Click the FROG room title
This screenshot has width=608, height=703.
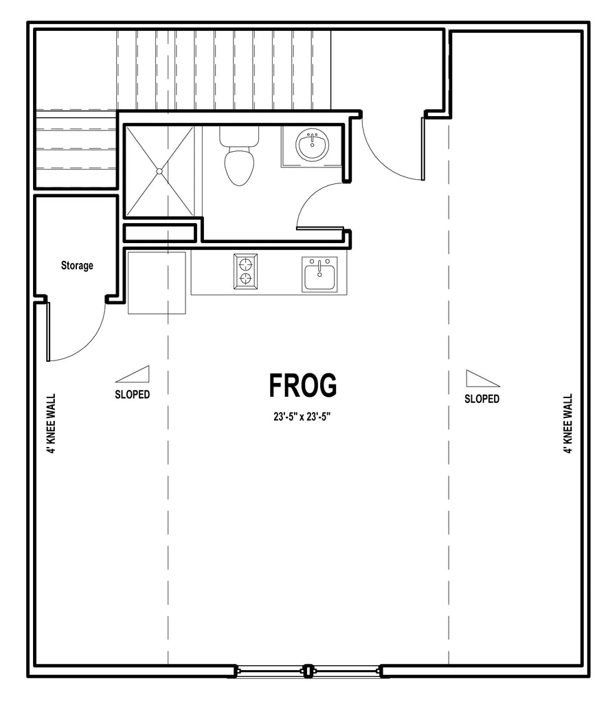pyautogui.click(x=303, y=386)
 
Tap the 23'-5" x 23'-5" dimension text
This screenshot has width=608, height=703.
pyautogui.click(x=302, y=417)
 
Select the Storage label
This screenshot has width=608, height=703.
pyautogui.click(x=77, y=266)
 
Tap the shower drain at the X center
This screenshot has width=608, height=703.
pyautogui.click(x=159, y=171)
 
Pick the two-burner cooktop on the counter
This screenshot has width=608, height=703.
pyautogui.click(x=245, y=271)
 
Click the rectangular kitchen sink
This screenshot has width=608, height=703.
pyautogui.click(x=319, y=275)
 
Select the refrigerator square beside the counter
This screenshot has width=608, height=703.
pyautogui.click(x=157, y=283)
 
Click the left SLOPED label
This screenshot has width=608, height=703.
pyautogui.click(x=133, y=395)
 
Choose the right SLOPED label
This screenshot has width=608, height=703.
pyautogui.click(x=482, y=399)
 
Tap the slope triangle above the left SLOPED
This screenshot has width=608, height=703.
pyautogui.click(x=133, y=374)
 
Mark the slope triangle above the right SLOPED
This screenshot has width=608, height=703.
pyautogui.click(x=483, y=378)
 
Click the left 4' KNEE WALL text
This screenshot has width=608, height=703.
pyautogui.click(x=52, y=424)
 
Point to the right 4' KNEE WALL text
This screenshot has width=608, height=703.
pyautogui.click(x=568, y=424)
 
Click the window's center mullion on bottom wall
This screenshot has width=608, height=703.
pyautogui.click(x=308, y=671)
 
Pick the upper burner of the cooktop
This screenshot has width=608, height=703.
pyautogui.click(x=245, y=262)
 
